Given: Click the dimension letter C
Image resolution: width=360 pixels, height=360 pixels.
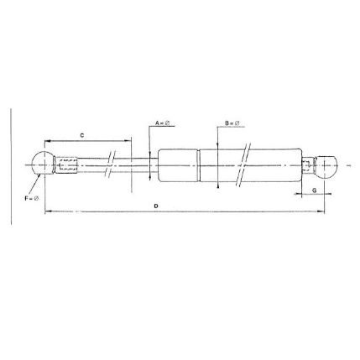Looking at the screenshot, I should coord(81,134).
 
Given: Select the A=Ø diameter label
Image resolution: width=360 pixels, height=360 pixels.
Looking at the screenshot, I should coord(163,123).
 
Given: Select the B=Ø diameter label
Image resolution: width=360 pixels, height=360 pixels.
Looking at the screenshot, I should coord(232,123).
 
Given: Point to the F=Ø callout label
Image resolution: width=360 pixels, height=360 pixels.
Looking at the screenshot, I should coord(31,198).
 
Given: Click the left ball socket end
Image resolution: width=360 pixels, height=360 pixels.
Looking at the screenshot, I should coord(41,164).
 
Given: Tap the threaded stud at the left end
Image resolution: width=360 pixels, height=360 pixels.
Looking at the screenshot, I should coord(67,164).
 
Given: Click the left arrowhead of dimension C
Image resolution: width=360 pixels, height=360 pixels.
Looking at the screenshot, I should coord(46,141).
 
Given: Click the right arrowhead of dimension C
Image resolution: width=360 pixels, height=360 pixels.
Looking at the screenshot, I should coord(129,141).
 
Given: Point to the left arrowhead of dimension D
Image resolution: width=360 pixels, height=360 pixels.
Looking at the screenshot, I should coord(46,212).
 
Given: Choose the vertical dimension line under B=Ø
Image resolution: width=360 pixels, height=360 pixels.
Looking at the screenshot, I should coord(217,159).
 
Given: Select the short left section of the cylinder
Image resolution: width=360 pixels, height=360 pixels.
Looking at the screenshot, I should coord(178,164).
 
